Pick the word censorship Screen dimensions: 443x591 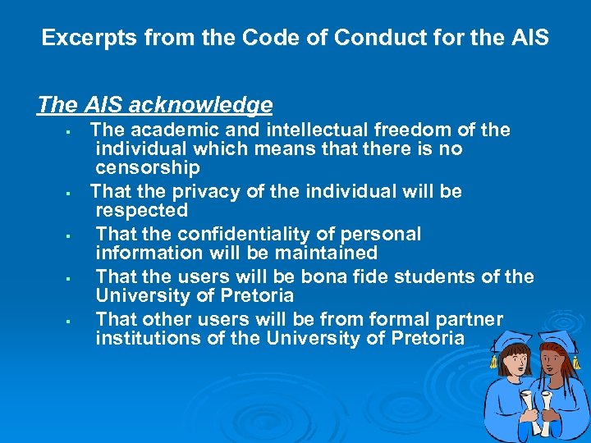pos(147,168)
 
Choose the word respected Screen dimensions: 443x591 pos(141,211)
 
